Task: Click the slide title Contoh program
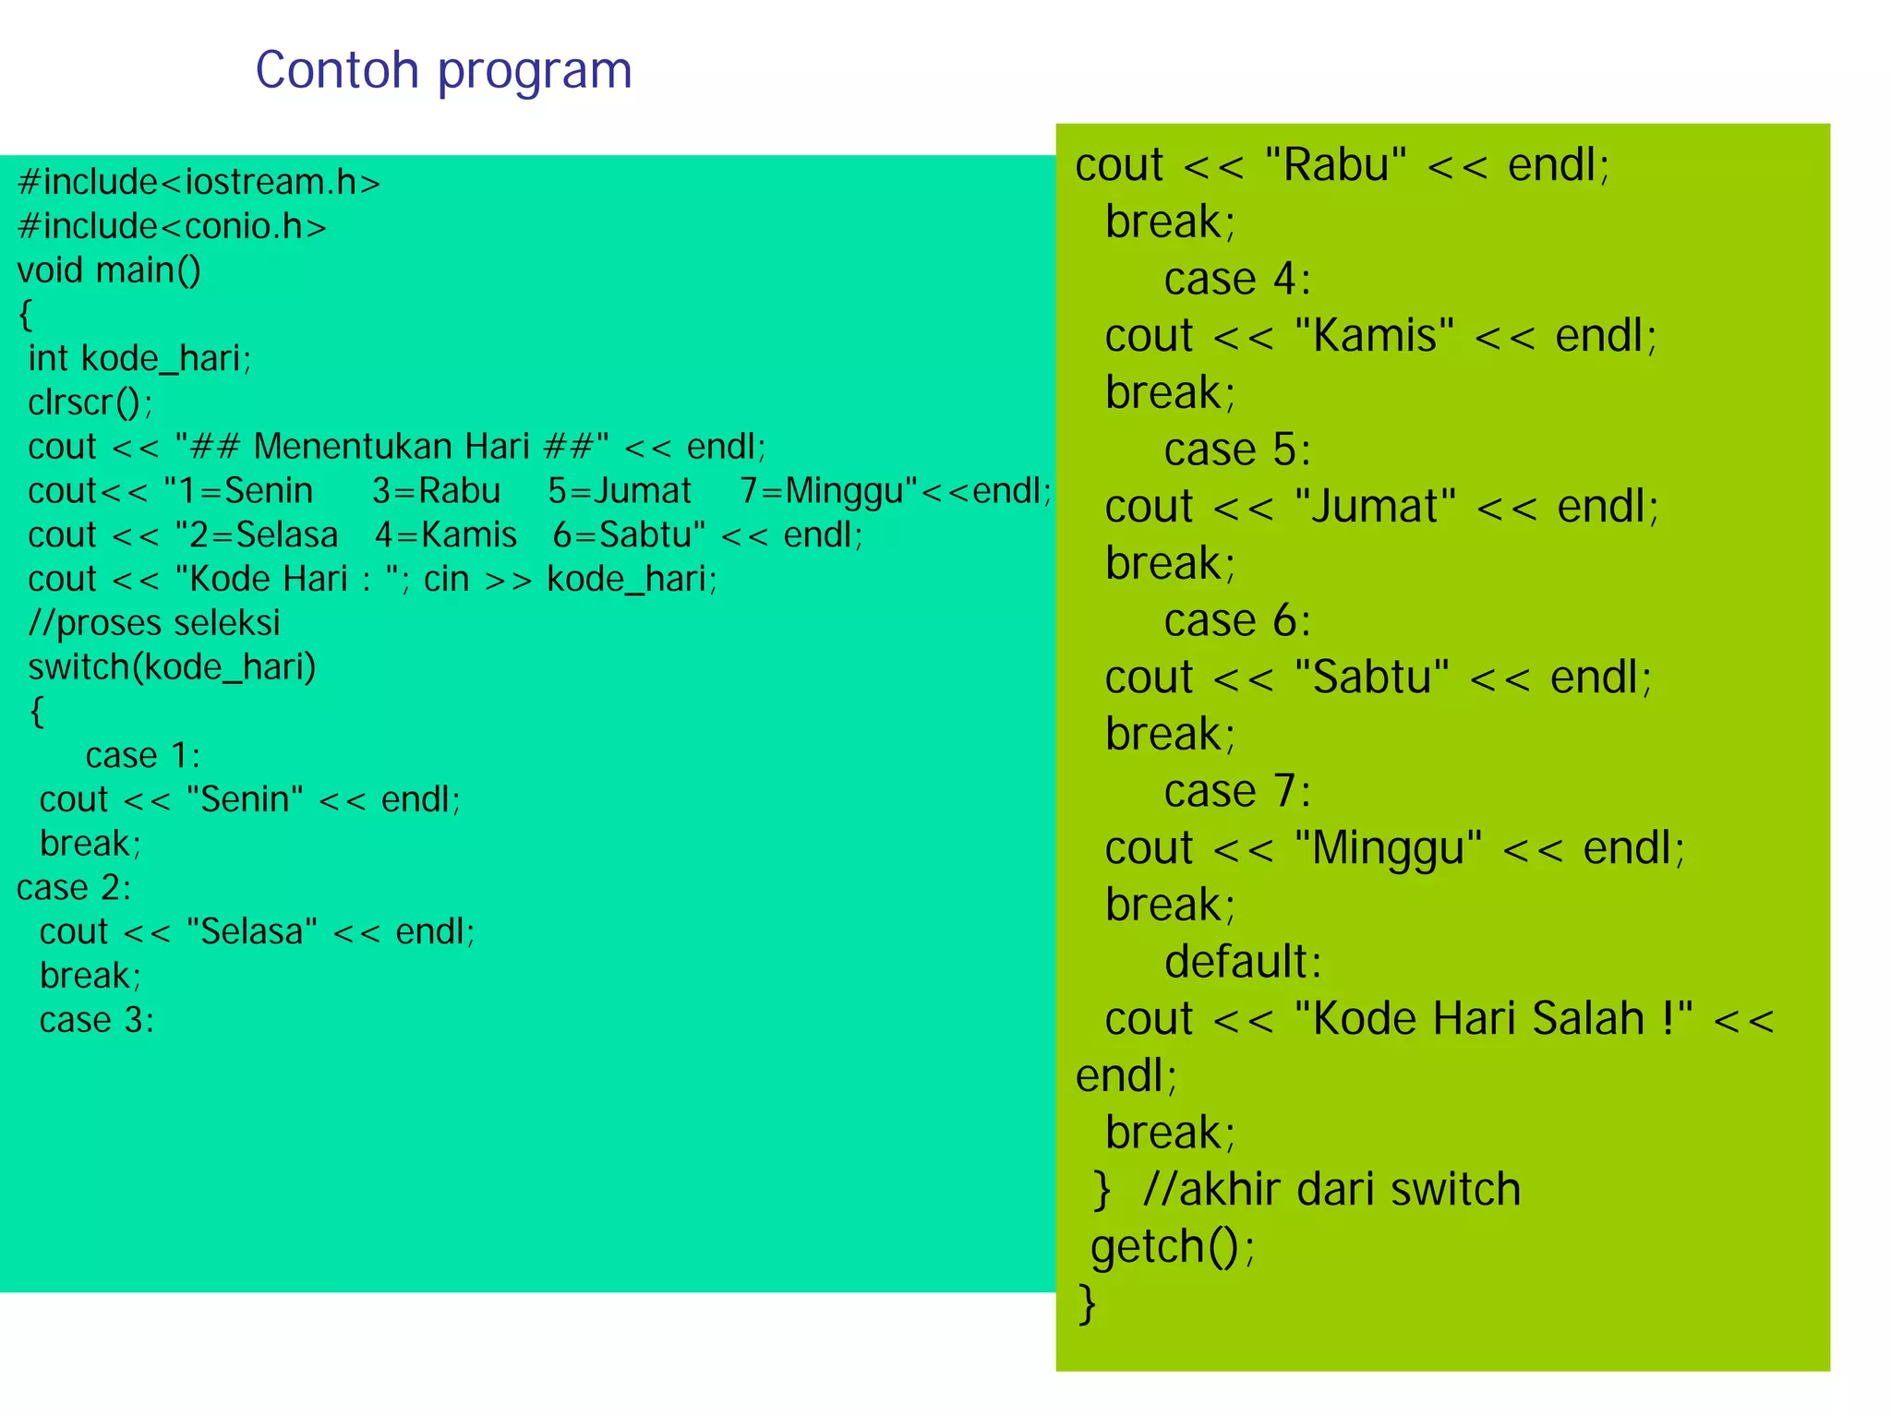[x=443, y=71]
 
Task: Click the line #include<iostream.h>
[x=199, y=182]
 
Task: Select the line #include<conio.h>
[x=172, y=226]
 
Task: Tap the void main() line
[x=109, y=270]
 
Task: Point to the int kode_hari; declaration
[x=139, y=358]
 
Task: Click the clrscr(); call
[x=90, y=402]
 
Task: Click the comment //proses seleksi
[x=154, y=623]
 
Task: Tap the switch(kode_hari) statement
[x=172, y=666]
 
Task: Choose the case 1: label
[x=143, y=756]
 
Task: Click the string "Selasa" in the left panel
[x=252, y=931]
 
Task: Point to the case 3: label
[x=97, y=1020]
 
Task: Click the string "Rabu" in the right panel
[x=1335, y=166]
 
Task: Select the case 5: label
[x=1237, y=450]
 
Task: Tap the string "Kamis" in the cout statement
[x=1374, y=336]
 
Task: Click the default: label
[x=1243, y=963]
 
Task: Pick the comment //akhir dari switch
[x=1331, y=1190]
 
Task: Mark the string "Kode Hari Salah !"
[x=1493, y=1020]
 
